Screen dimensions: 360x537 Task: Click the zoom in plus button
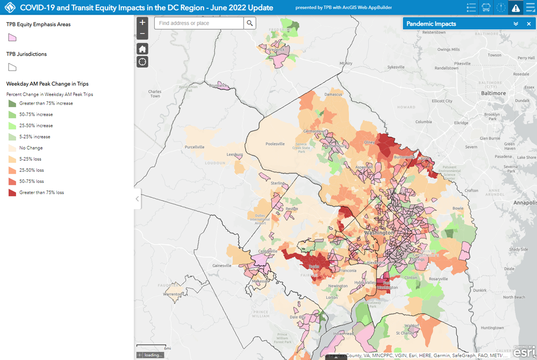tap(142, 22)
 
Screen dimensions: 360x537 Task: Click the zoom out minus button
tap(142, 34)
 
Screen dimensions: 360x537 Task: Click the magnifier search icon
tap(249, 23)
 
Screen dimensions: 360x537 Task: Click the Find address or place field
tap(199, 23)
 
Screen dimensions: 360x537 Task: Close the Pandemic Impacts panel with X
tap(529, 24)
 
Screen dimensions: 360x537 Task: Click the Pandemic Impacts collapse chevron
tap(516, 24)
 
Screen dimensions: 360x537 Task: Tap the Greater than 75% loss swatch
tap(12, 193)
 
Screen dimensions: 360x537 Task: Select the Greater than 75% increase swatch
tap(12, 103)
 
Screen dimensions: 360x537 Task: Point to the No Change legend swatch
tap(12, 148)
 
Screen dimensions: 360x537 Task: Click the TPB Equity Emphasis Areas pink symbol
tap(12, 38)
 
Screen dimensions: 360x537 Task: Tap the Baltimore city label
tap(493, 93)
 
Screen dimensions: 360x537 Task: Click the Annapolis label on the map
tap(524, 202)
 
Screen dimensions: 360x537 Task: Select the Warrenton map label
tap(172, 294)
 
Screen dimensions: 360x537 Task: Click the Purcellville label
tap(195, 147)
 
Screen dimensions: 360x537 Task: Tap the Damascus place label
tap(333, 94)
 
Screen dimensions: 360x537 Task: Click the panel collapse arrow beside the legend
tap(137, 199)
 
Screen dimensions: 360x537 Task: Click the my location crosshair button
tap(142, 61)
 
